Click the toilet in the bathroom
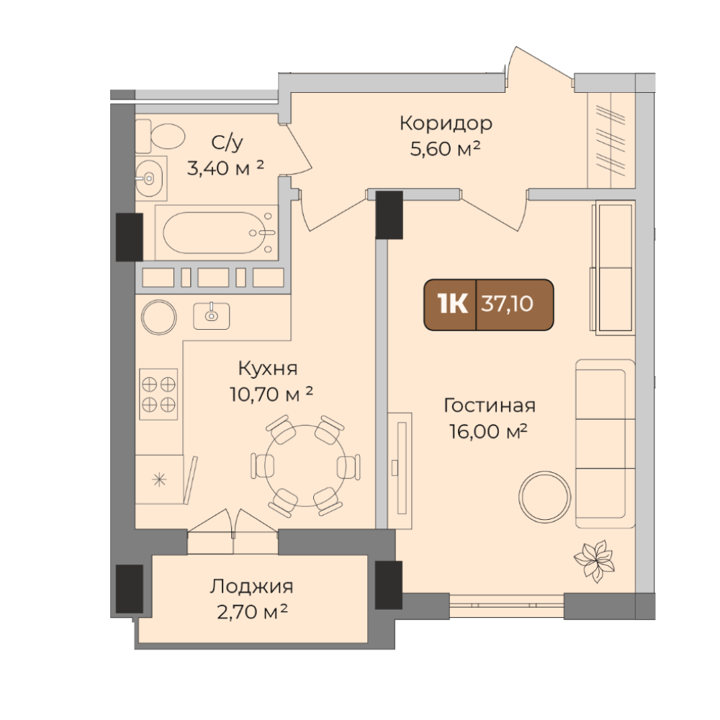point(161,136)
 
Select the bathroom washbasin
point(150,178)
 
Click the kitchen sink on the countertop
point(211,315)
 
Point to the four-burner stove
point(158,394)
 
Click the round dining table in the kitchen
point(305,466)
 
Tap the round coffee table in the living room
point(544,497)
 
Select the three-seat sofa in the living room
point(606,444)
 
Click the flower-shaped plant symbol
point(594,561)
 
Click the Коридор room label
point(446,123)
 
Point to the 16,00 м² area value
point(488,431)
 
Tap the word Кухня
point(268,368)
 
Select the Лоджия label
point(251,587)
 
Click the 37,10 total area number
point(507,304)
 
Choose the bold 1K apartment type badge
point(453,304)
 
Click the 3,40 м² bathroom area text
point(225,168)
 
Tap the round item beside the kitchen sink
point(159,317)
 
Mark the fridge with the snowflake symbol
point(159,480)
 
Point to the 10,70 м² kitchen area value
point(271,394)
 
